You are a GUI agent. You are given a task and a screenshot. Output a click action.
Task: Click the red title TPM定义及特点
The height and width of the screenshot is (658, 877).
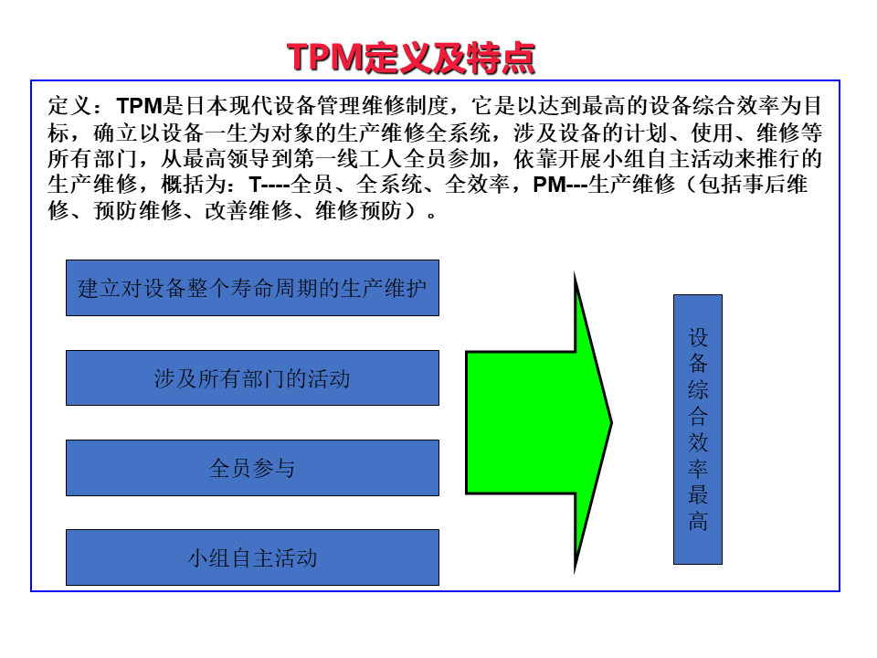pyautogui.click(x=410, y=57)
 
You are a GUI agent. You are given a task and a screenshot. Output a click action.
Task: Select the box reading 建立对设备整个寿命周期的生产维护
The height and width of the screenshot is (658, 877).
pyautogui.click(x=252, y=288)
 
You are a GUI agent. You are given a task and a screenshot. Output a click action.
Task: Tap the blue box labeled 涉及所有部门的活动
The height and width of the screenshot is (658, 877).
pyautogui.click(x=252, y=377)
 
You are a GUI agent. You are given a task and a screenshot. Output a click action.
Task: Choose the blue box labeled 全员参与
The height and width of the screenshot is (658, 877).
pyautogui.click(x=252, y=468)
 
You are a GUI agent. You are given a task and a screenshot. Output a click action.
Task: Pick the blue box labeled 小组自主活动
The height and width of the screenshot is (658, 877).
pyautogui.click(x=252, y=557)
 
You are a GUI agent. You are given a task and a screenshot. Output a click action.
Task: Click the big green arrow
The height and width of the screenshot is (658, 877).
pyautogui.click(x=539, y=422)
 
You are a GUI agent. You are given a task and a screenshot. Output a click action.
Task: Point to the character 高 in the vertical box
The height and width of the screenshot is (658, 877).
pyautogui.click(x=698, y=522)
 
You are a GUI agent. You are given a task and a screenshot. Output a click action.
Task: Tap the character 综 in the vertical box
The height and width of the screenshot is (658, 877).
pyautogui.click(x=698, y=390)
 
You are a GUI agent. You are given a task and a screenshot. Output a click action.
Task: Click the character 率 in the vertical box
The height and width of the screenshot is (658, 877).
pyautogui.click(x=698, y=469)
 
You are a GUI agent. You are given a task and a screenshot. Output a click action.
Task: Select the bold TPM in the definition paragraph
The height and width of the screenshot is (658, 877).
pyautogui.click(x=139, y=105)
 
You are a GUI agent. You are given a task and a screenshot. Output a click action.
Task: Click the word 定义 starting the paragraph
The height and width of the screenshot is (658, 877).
pyautogui.click(x=69, y=105)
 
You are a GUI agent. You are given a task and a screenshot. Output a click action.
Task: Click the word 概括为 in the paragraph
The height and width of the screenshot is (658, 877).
pyautogui.click(x=194, y=185)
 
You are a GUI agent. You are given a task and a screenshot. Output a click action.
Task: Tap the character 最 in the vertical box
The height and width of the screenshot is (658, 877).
pyautogui.click(x=698, y=495)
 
